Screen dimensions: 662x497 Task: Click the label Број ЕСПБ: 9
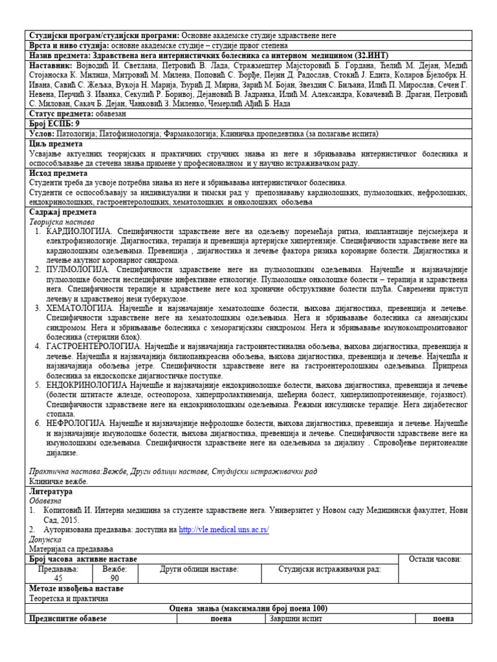pos(55,123)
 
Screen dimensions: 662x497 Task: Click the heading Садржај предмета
pos(63,212)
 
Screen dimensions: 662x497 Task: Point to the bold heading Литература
pos(51,491)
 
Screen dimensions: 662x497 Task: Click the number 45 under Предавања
pos(58,579)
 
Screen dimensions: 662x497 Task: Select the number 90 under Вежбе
pos(115,579)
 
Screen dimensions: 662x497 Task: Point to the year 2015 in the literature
pos(71,520)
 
